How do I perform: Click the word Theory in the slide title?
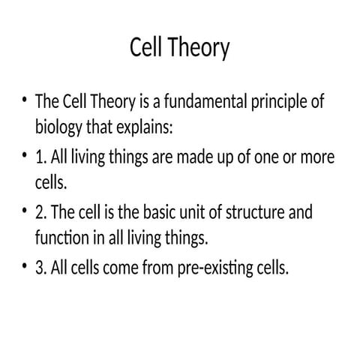(x=199, y=49)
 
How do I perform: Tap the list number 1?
(x=39, y=159)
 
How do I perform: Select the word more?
(x=318, y=159)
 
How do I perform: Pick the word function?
(x=61, y=237)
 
